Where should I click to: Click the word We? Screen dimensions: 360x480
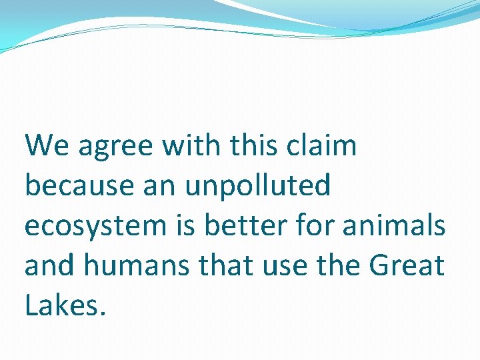[x=47, y=145]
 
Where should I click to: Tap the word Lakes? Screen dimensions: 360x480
[x=65, y=305]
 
